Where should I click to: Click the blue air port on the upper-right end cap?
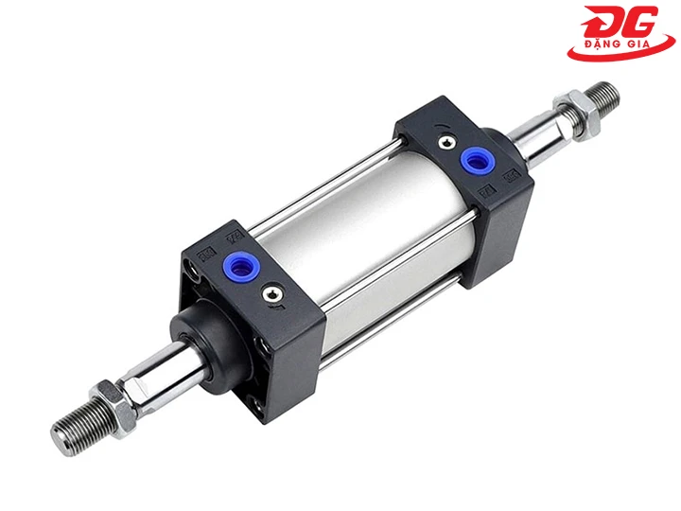pos(475,161)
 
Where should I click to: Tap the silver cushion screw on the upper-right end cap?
pos(446,142)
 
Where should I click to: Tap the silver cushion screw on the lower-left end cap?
pos(271,295)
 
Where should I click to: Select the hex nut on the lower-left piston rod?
pos(113,405)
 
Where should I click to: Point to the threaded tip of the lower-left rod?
pos(75,427)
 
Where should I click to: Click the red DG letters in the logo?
pos(620,22)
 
